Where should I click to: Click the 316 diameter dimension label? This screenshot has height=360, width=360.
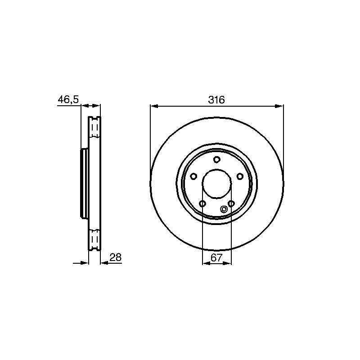[x=216, y=100]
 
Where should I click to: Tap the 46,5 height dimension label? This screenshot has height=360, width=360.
[x=68, y=99]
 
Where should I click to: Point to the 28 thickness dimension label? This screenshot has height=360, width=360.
[x=115, y=257]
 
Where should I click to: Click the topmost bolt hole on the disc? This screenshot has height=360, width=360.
[x=217, y=159]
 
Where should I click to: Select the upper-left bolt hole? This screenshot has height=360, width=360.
[x=193, y=176]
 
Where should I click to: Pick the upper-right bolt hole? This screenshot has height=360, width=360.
[x=240, y=176]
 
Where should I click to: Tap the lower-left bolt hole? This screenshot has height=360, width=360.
[x=202, y=204]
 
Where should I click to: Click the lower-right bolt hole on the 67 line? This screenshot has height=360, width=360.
[x=231, y=204]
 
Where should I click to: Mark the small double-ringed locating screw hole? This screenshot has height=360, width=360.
[x=223, y=209]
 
